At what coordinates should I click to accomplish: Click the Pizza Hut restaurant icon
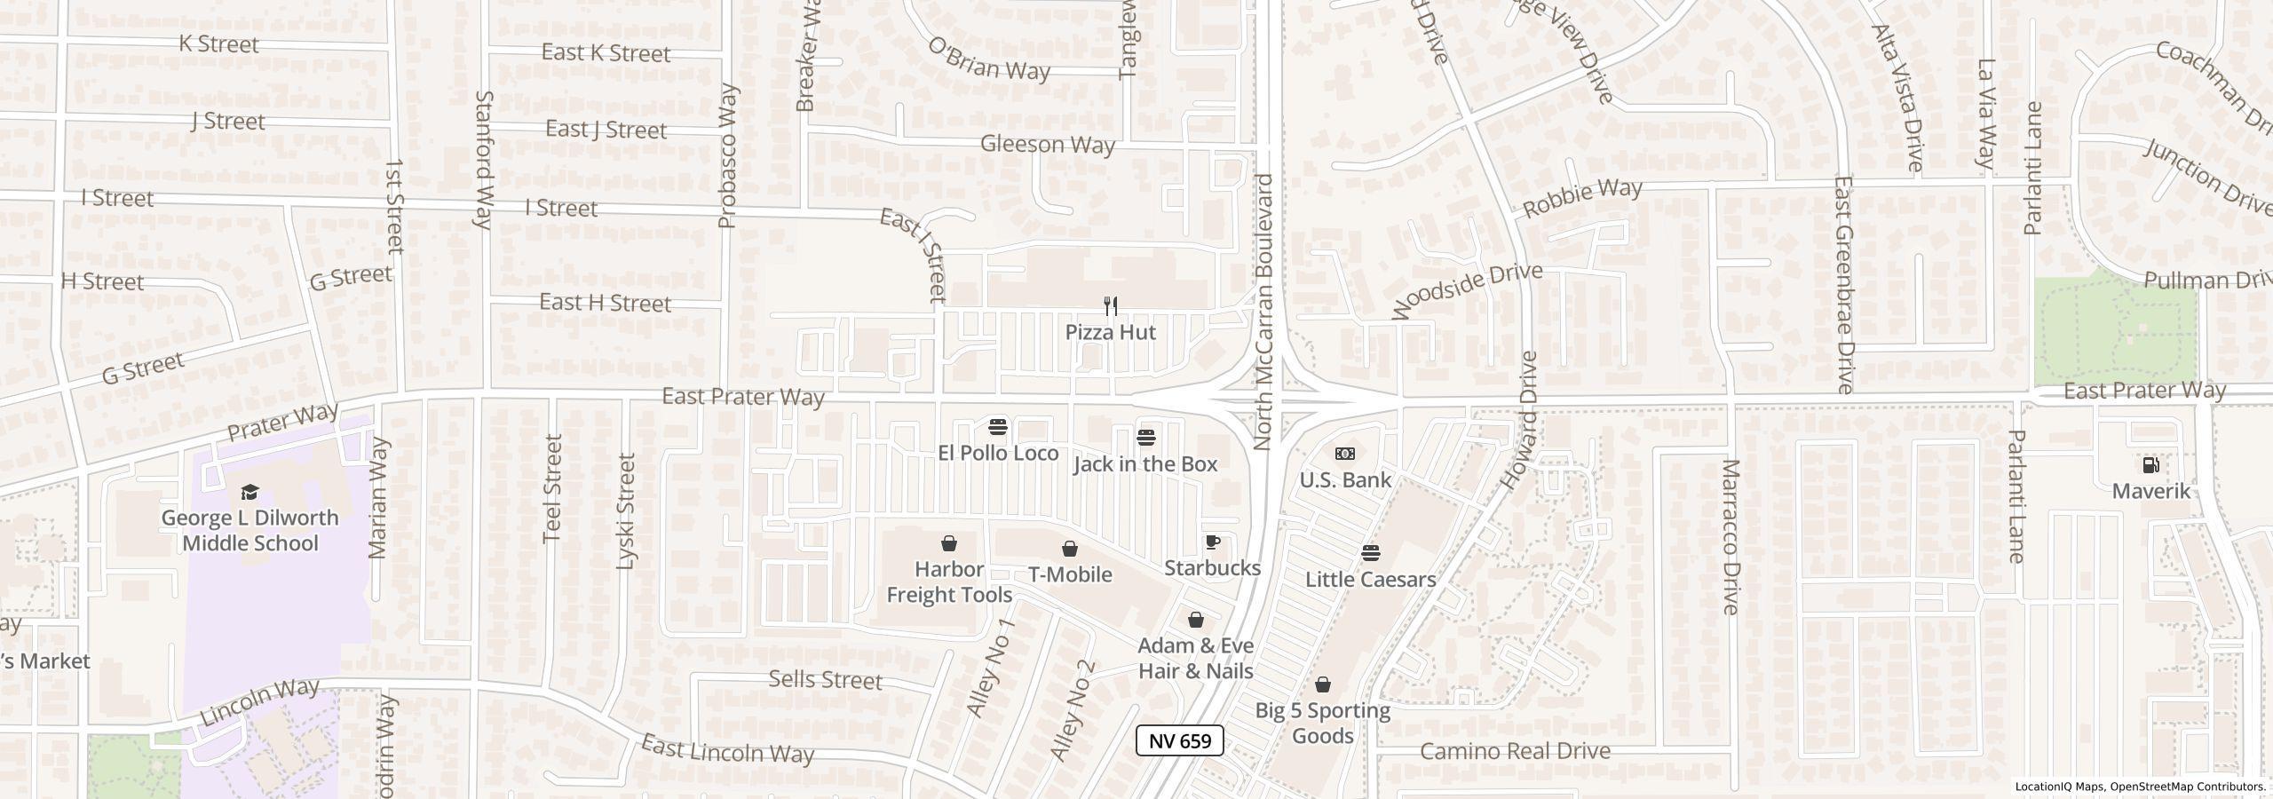coord(1110,306)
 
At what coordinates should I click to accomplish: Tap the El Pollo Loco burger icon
coord(997,427)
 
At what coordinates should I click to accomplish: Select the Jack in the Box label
coord(1145,464)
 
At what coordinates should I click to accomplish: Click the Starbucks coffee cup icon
coord(1212,542)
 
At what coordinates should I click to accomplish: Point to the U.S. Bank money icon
coord(1345,454)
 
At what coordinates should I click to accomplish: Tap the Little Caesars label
coord(1370,580)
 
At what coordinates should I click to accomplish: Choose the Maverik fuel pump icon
coord(2150,465)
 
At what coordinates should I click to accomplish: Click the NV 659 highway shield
coord(1180,740)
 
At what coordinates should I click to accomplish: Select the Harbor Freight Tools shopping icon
coord(949,543)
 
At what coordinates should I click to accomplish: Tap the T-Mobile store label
coord(1070,574)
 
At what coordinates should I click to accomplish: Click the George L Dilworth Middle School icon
coord(249,493)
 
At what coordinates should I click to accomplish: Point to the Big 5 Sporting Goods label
coord(1322,723)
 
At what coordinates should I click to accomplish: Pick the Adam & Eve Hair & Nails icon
coord(1196,620)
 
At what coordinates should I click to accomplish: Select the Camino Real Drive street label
coord(1515,751)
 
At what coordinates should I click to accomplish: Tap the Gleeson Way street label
coord(1047,144)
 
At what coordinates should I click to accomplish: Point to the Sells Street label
coord(825,680)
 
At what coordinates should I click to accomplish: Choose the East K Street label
coord(606,53)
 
